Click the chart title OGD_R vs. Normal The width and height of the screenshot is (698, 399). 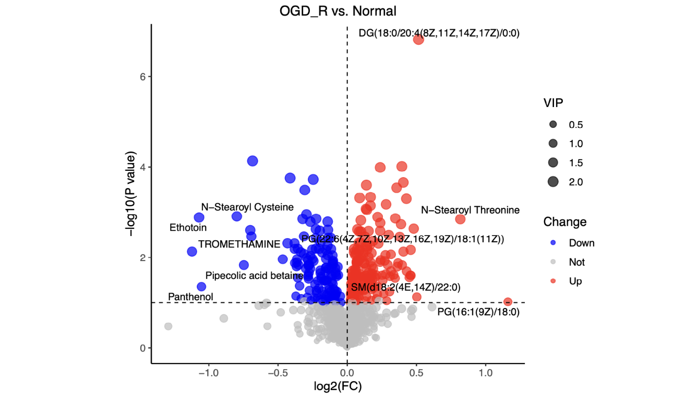pos(338,10)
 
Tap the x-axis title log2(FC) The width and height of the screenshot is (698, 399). pos(337,387)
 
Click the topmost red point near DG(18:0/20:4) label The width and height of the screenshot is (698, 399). pos(418,39)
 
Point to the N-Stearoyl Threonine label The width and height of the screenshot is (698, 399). pos(470,210)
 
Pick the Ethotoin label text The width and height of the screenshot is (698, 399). pos(188,228)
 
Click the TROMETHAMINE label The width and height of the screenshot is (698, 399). pos(239,244)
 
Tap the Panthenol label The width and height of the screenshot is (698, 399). pos(190,297)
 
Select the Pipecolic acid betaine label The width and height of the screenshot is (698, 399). pos(254,275)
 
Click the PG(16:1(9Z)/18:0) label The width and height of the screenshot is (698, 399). pos(478,312)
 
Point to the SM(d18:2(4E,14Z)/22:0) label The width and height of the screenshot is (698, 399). pos(405,287)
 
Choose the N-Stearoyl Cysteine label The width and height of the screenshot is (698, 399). pos(247,207)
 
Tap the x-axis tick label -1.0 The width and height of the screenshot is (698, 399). pos(208,374)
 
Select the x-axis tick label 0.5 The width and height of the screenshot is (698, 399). pos(416,374)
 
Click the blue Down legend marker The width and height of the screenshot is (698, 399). pos(553,243)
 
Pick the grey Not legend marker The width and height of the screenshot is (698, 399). pos(553,262)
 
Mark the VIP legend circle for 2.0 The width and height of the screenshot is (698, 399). pos(553,182)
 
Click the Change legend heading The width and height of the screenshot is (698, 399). pos(564,222)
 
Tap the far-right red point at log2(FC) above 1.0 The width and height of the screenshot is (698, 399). pos(508,302)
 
